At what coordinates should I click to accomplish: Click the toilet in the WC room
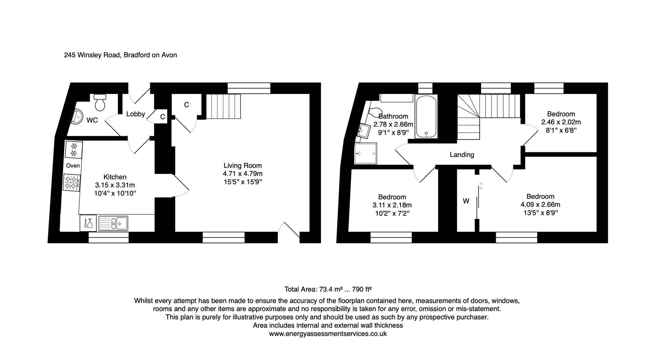(x=100, y=102)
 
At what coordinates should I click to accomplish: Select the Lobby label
(x=136, y=114)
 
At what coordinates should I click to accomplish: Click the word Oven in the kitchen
(x=73, y=166)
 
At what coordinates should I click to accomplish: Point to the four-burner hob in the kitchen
(x=72, y=182)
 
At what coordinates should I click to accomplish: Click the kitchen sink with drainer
(x=113, y=223)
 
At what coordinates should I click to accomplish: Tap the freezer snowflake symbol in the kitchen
(x=73, y=150)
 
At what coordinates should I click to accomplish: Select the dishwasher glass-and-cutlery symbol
(x=88, y=223)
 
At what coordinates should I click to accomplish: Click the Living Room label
(x=243, y=165)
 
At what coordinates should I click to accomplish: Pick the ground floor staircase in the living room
(x=223, y=106)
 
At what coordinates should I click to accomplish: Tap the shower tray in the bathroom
(x=366, y=154)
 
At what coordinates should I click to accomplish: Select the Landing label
(x=462, y=155)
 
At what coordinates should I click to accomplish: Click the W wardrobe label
(x=466, y=201)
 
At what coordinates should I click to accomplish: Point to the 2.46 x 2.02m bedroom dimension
(x=561, y=122)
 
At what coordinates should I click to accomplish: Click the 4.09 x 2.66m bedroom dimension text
(x=541, y=204)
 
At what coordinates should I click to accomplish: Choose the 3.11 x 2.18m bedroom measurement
(x=392, y=205)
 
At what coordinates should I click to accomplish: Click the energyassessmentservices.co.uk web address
(x=328, y=334)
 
